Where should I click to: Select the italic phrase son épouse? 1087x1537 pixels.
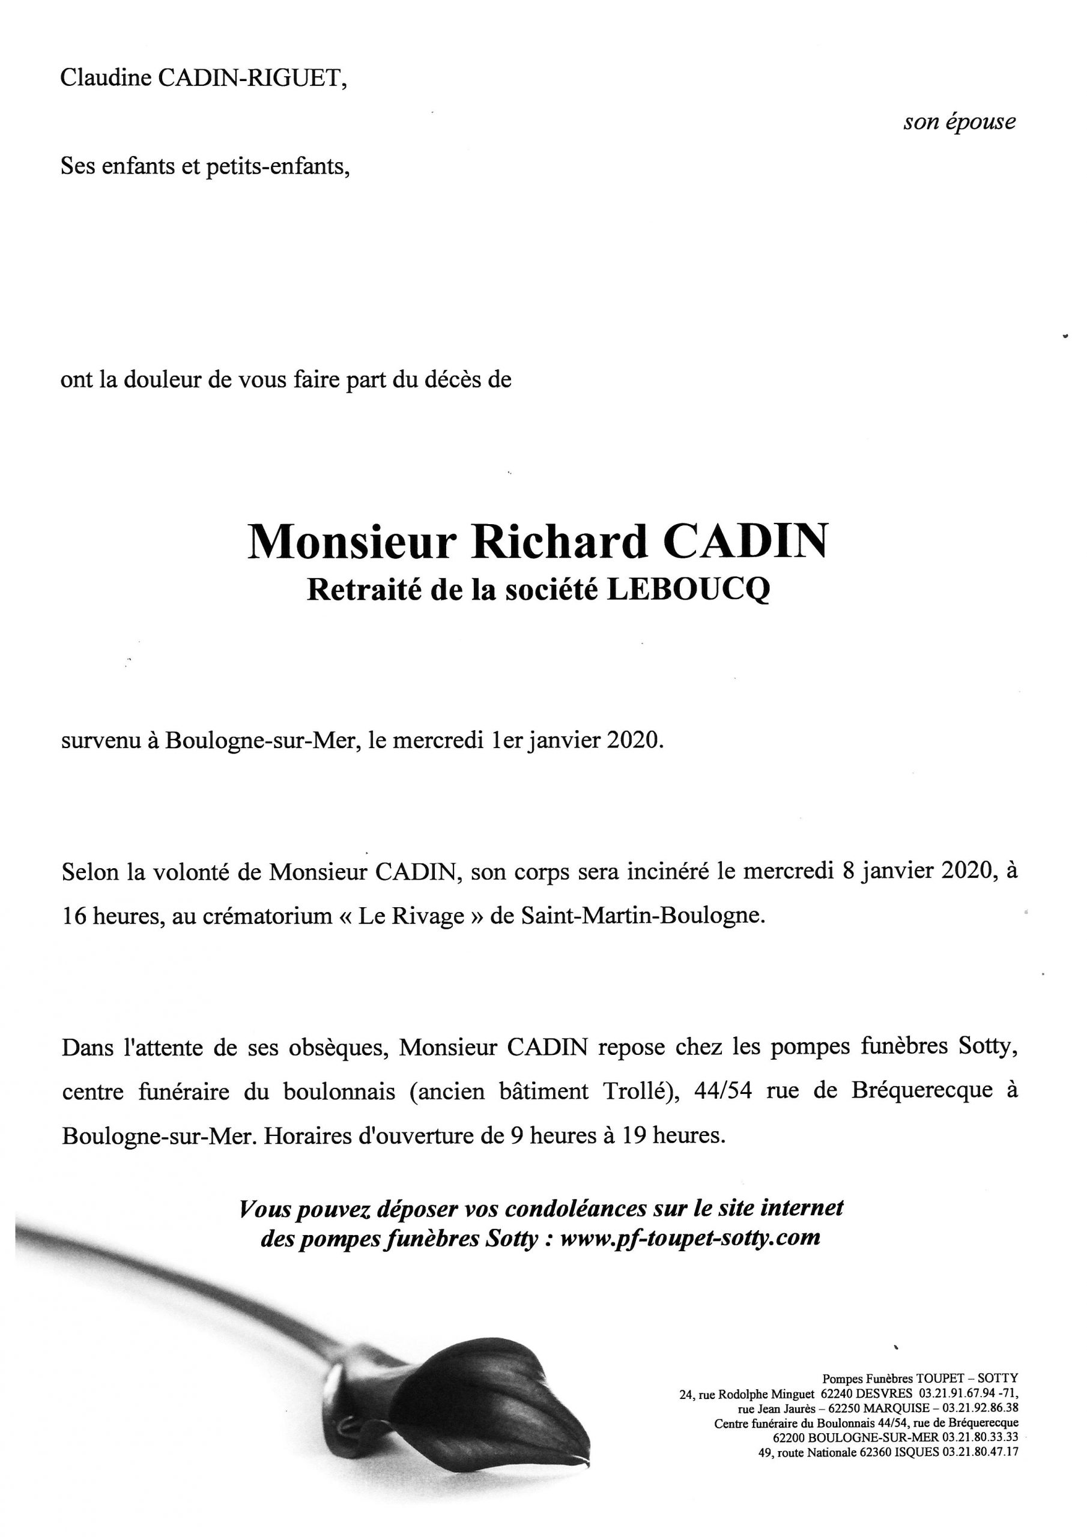tap(959, 122)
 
